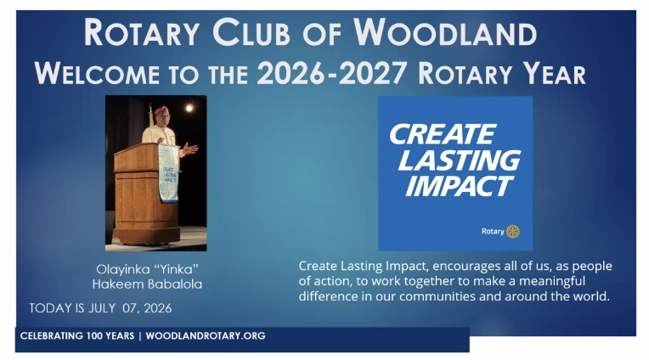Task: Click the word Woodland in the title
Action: pyautogui.click(x=445, y=32)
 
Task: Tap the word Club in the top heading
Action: pyautogui.click(x=251, y=32)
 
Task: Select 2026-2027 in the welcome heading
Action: pyautogui.click(x=331, y=74)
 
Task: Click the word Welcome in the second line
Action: pyautogui.click(x=98, y=74)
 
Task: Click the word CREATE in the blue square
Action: pyautogui.click(x=442, y=134)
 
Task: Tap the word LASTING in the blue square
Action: pyautogui.click(x=459, y=160)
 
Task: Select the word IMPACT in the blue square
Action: pyautogui.click(x=459, y=186)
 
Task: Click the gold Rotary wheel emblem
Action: pyautogui.click(x=513, y=232)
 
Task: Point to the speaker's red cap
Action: pyautogui.click(x=161, y=110)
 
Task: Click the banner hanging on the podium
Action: pyautogui.click(x=168, y=173)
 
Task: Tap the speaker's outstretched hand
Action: pyautogui.click(x=190, y=148)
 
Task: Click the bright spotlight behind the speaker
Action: pyautogui.click(x=189, y=109)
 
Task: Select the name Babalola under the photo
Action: pyautogui.click(x=174, y=284)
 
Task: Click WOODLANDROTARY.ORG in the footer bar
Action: pyautogui.click(x=206, y=335)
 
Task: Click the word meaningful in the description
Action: pyautogui.click(x=552, y=281)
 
